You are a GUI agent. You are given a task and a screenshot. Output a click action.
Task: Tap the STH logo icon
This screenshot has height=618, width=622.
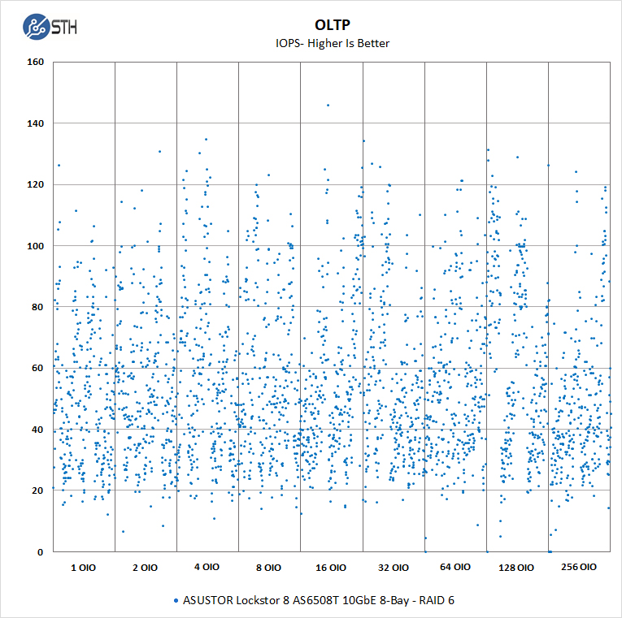point(36,28)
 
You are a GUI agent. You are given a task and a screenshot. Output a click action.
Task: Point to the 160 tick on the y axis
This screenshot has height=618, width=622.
point(34,62)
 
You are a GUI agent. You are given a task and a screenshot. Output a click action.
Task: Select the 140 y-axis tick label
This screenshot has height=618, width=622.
point(34,123)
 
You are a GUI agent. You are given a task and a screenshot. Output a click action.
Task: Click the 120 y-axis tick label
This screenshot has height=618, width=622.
point(34,184)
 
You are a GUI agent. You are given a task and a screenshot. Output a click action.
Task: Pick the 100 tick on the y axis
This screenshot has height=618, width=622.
point(34,246)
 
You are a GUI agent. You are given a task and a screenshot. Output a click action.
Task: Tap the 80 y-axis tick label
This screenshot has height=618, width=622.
point(37,307)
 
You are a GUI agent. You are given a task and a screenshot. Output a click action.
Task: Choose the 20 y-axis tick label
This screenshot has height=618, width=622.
point(37,491)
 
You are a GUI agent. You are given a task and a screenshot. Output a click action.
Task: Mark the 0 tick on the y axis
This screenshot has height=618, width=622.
point(40,552)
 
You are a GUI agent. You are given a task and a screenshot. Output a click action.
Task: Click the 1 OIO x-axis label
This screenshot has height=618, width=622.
point(83,568)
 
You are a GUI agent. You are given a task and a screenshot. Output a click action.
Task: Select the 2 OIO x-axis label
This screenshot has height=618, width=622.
point(145,568)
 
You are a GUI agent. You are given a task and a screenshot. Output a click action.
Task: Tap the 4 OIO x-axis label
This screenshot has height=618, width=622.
point(207,568)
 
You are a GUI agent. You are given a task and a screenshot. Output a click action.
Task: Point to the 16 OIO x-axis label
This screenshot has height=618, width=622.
point(331,568)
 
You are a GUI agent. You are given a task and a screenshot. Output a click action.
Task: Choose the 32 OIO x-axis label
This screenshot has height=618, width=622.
point(393,568)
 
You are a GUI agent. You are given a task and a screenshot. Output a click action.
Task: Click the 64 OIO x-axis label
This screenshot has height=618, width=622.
point(455,568)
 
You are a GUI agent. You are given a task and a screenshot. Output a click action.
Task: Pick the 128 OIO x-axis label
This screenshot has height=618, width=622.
point(517,568)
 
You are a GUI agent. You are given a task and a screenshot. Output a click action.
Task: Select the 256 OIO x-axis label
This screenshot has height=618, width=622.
point(579,568)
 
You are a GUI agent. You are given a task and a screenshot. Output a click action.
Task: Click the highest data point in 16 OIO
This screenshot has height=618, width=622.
point(328,105)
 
